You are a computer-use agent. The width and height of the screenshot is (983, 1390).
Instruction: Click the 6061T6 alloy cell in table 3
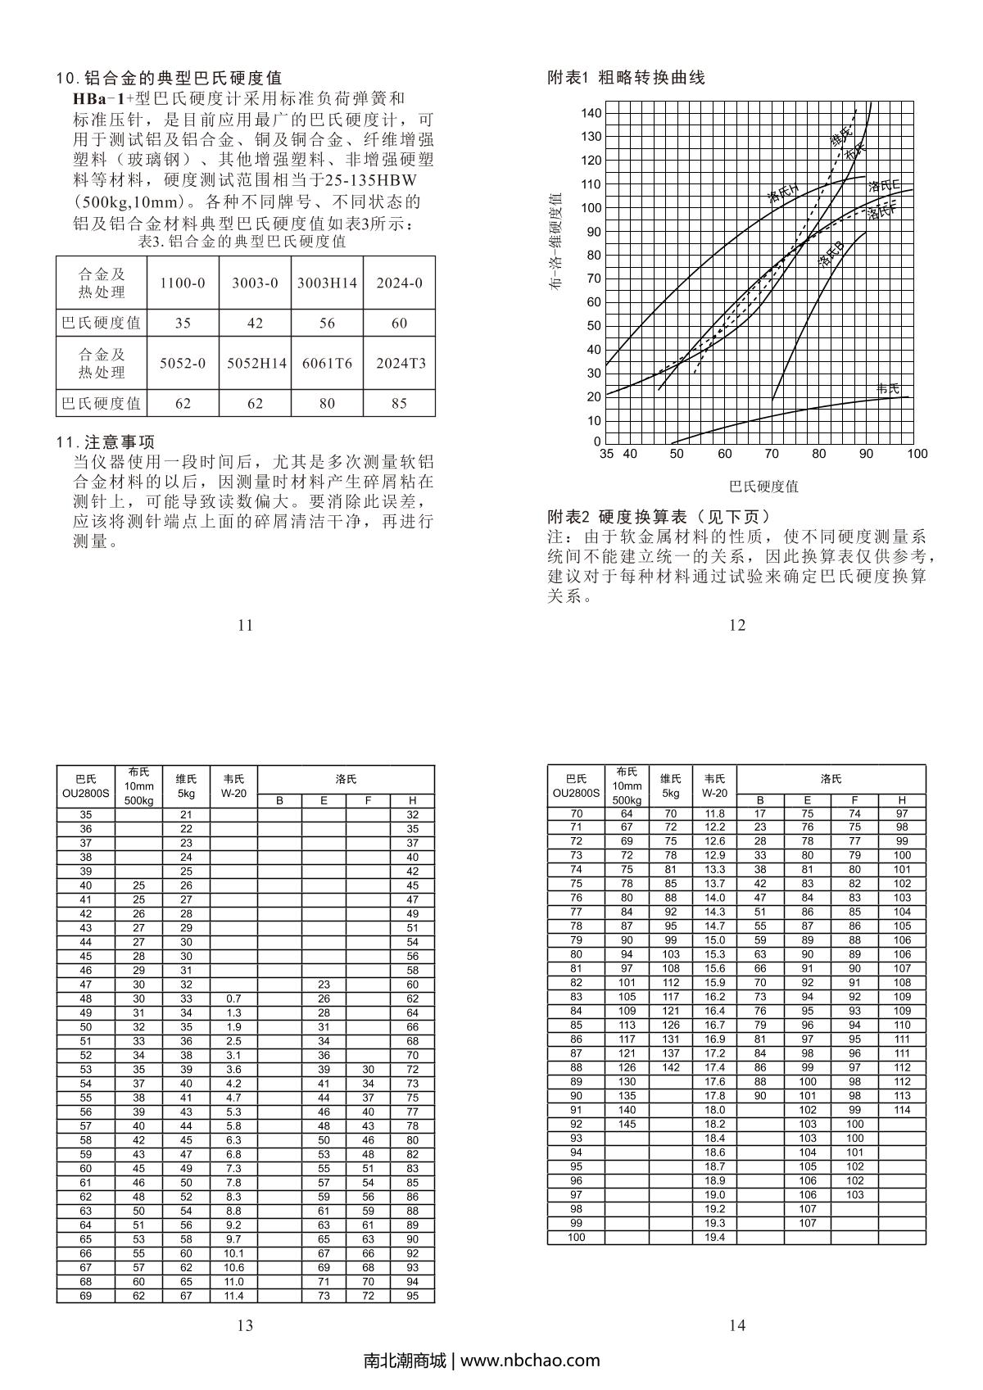327,363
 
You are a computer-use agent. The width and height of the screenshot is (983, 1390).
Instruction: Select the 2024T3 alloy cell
400,363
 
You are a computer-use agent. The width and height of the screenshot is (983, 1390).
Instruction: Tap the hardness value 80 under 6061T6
327,403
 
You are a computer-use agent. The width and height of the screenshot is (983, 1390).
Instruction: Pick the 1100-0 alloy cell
183,283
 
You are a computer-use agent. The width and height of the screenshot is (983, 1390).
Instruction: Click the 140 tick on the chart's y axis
591,113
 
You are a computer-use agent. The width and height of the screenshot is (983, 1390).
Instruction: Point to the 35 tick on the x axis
606,454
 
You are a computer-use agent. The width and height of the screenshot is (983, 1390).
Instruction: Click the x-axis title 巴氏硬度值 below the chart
763,487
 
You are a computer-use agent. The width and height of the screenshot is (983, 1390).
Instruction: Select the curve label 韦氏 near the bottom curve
888,389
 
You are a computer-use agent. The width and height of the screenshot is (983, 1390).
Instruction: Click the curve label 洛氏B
831,255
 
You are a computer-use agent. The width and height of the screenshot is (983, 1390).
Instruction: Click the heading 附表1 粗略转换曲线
626,78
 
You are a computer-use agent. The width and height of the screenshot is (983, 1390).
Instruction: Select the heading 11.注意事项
105,442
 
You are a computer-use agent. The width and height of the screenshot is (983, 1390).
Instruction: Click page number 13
245,1325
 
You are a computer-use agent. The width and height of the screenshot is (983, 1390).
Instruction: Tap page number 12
737,625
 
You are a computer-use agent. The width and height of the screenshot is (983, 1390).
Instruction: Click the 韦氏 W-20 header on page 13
233,786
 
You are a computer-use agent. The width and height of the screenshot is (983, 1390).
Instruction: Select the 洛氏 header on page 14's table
831,779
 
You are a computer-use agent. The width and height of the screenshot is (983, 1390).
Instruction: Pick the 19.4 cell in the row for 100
714,1237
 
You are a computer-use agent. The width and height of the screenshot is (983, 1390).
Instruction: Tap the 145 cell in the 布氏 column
627,1124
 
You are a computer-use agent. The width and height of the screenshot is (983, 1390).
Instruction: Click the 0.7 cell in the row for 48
233,998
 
